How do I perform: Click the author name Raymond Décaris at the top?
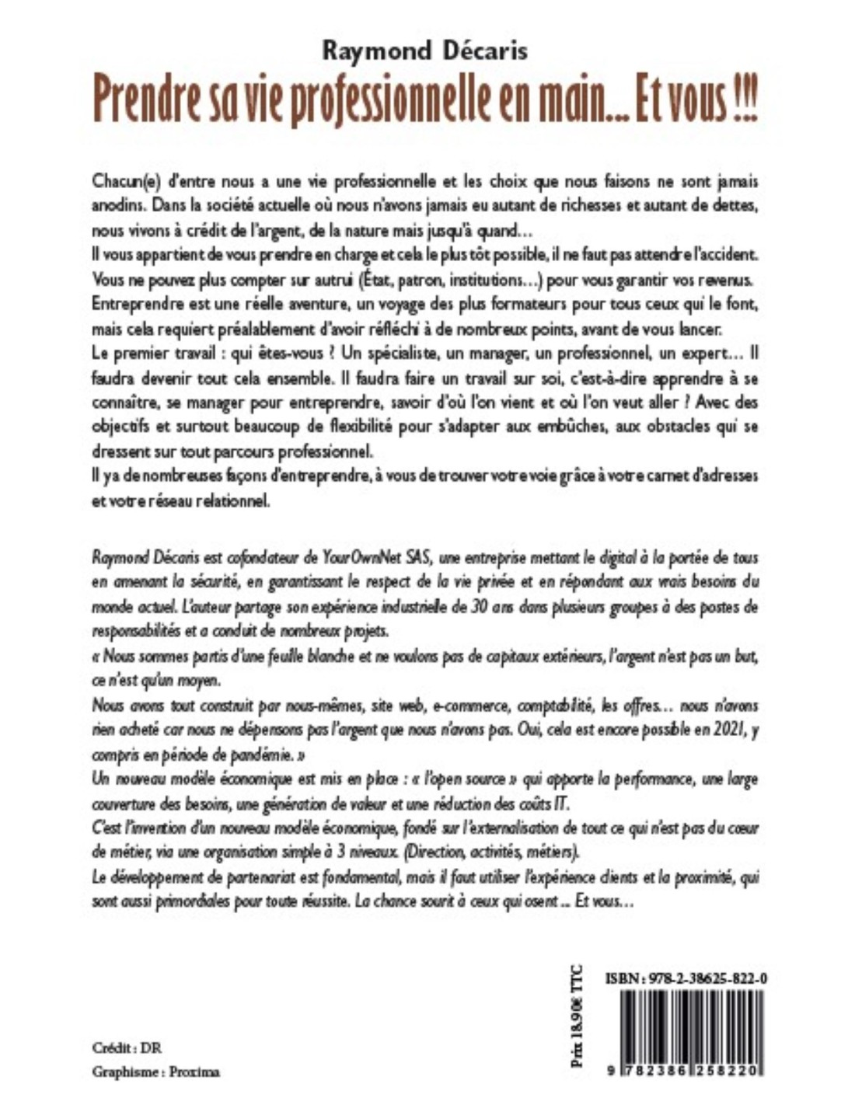(x=424, y=51)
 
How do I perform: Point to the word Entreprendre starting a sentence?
(x=132, y=302)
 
